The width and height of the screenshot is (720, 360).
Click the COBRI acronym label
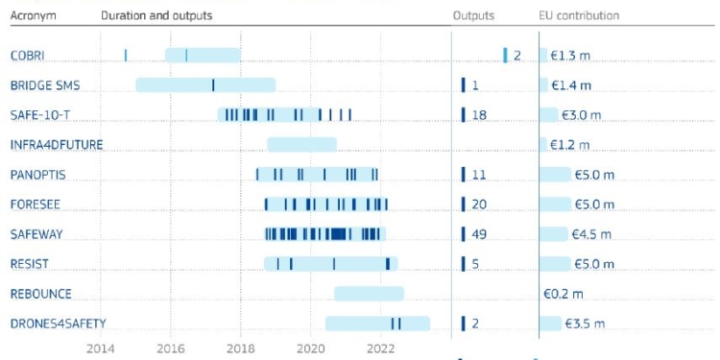(x=27, y=56)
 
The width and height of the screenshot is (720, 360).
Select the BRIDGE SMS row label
(x=44, y=85)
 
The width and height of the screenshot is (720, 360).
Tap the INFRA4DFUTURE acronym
(x=56, y=145)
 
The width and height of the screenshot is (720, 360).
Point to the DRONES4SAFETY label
(x=58, y=324)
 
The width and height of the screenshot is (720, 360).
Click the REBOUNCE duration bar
(x=369, y=294)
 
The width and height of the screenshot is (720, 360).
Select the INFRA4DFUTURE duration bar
(x=301, y=145)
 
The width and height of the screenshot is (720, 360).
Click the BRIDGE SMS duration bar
(x=205, y=85)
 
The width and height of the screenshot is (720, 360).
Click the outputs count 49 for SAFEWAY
(x=480, y=234)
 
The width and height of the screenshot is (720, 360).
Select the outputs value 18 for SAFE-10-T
(x=480, y=115)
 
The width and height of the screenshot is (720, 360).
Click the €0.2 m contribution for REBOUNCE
(x=563, y=294)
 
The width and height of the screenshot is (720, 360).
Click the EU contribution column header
(x=579, y=16)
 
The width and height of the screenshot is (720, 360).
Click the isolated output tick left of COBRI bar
(x=126, y=55)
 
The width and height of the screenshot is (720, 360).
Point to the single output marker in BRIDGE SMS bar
(x=213, y=85)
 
